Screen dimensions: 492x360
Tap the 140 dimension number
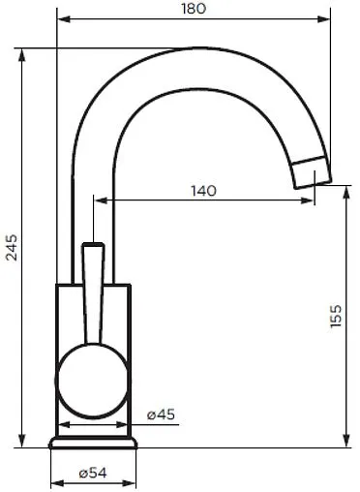(x=203, y=190)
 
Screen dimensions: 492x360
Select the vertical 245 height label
(x=11, y=249)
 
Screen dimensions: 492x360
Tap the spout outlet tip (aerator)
(x=312, y=171)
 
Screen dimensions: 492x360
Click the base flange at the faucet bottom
(x=94, y=444)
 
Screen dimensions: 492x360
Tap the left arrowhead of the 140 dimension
(x=97, y=201)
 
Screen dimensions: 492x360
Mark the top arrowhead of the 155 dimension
(x=347, y=192)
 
